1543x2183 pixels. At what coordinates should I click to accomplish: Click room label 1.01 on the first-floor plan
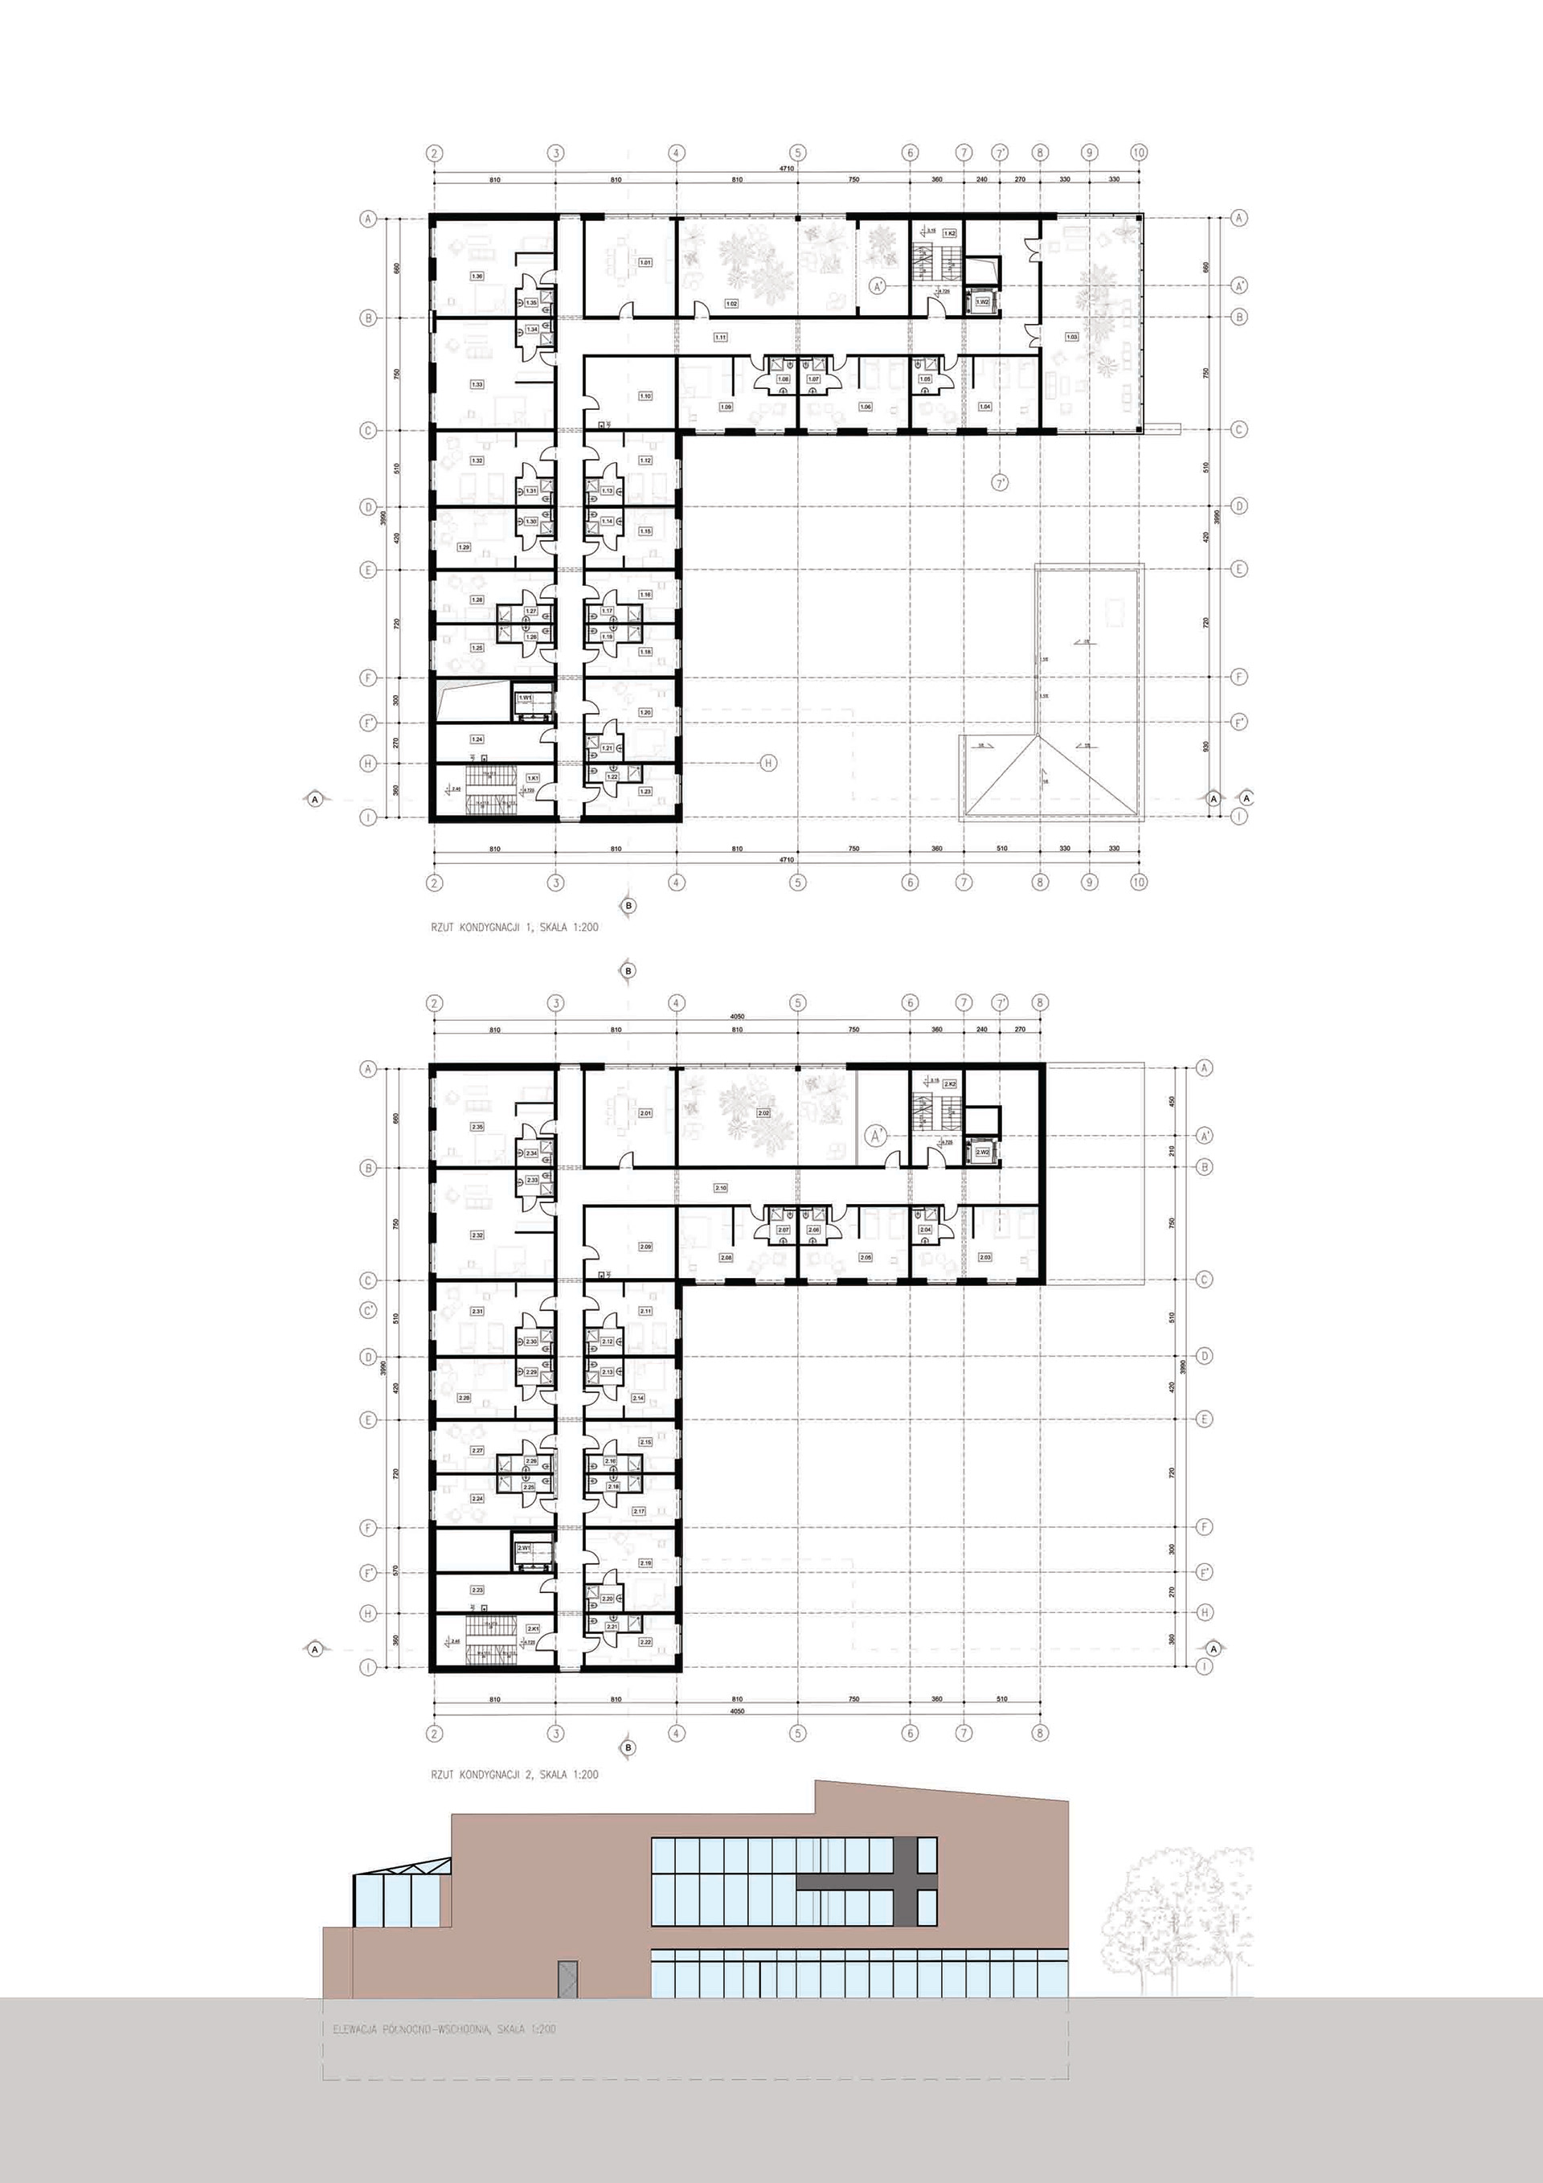point(645,262)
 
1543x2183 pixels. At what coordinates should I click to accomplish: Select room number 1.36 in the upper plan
point(477,276)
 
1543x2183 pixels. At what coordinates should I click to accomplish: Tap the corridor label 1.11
point(721,338)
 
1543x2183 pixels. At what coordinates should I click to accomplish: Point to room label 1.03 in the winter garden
point(1071,337)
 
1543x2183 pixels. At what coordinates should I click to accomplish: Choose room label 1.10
point(645,395)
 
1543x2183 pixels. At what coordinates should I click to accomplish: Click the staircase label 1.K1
point(534,778)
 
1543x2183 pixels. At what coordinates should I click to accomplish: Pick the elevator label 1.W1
point(524,698)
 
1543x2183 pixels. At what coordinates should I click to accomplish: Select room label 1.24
point(477,739)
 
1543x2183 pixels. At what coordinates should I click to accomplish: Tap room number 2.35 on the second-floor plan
point(477,1127)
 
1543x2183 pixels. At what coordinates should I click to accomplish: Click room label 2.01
point(645,1113)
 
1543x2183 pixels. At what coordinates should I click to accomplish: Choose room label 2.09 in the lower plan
point(645,1247)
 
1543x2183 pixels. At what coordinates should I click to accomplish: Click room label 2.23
point(477,1589)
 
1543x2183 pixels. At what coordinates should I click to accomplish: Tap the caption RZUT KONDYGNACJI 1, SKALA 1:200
point(514,926)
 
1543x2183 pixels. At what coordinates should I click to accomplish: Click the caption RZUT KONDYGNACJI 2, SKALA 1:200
point(514,1774)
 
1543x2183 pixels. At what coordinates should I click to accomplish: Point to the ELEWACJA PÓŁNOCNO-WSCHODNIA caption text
point(444,2029)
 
